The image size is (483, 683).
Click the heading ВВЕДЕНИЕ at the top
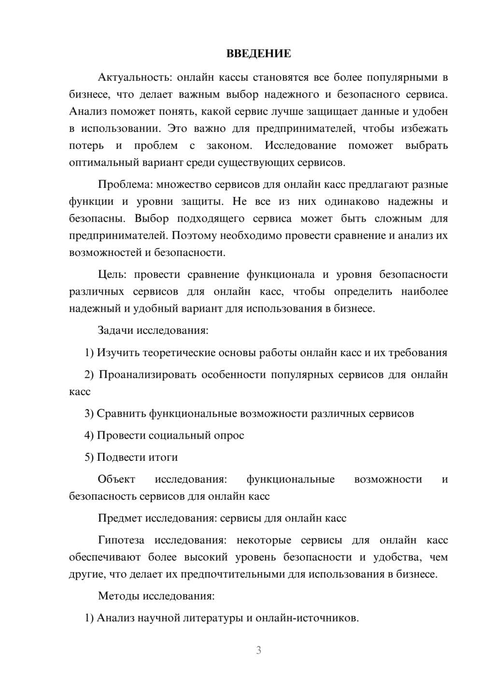point(258,54)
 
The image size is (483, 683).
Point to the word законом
point(228,145)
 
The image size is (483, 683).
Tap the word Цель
point(112,275)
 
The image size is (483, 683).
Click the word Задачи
point(115,331)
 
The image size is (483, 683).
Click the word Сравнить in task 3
point(121,413)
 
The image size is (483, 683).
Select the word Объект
point(116,479)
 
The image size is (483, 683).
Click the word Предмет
point(119,518)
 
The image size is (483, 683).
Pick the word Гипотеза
point(121,540)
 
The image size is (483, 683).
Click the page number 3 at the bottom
point(258,651)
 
